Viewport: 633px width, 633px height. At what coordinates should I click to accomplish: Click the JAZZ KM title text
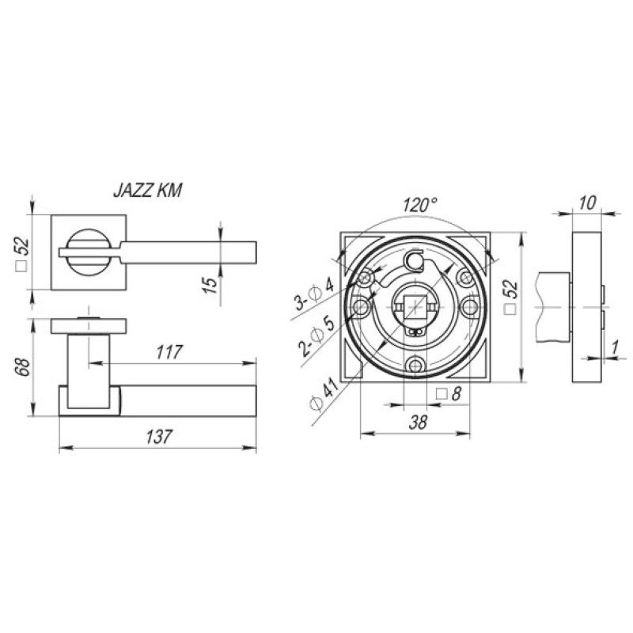tap(148, 191)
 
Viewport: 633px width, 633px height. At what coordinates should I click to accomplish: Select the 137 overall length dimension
tap(159, 437)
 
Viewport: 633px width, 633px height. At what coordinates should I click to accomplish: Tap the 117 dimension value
tap(169, 352)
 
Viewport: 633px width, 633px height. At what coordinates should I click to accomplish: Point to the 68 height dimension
tap(25, 366)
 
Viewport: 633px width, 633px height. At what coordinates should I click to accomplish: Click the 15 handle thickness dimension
tap(210, 285)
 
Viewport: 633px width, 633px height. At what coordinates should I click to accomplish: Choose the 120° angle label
tap(420, 205)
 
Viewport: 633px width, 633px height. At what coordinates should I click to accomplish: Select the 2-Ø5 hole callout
tap(317, 335)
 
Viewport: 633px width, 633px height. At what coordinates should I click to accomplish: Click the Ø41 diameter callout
tap(324, 392)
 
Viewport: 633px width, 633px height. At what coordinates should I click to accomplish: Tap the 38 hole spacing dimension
tap(418, 423)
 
